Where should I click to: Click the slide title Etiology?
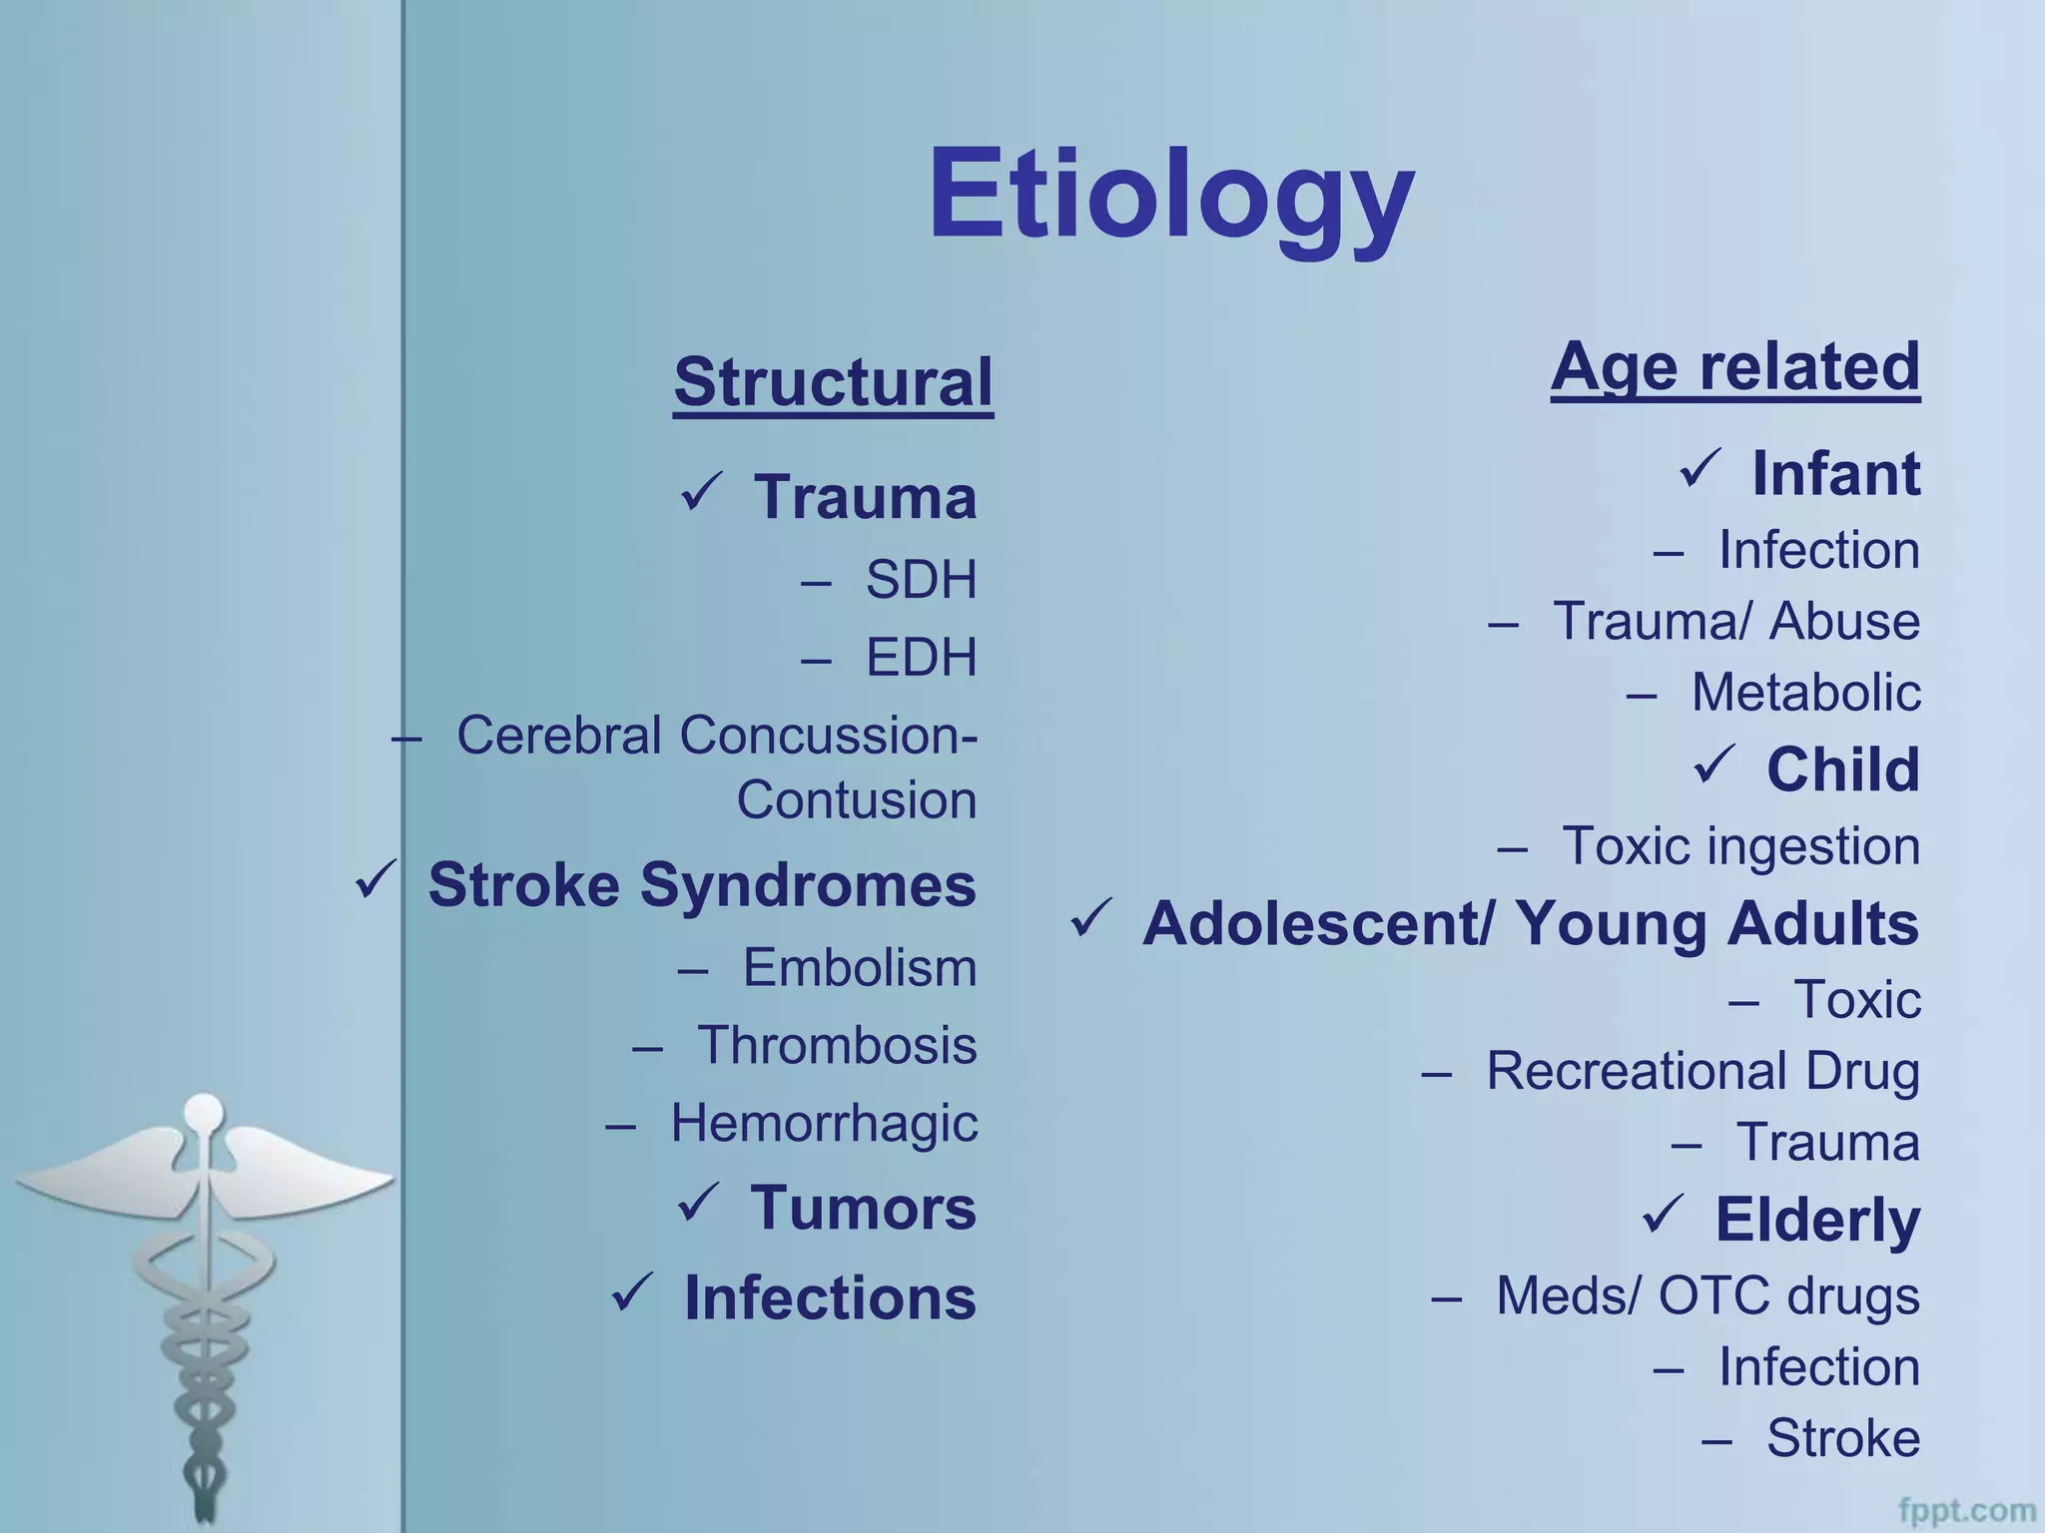click(1170, 195)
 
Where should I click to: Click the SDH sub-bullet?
click(920, 579)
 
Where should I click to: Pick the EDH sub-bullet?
click(920, 657)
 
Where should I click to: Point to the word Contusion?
click(856, 799)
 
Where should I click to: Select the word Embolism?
click(859, 967)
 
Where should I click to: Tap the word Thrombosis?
click(836, 1045)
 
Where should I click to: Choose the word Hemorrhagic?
click(824, 1123)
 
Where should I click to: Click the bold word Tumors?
click(863, 1208)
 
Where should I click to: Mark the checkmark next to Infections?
click(632, 1292)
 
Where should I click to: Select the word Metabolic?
click(1805, 692)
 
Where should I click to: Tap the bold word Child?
click(1842, 768)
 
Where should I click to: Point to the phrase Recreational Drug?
click(1703, 1071)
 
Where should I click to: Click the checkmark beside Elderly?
click(1663, 1214)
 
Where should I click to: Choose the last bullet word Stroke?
click(1842, 1438)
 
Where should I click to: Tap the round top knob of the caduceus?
click(205, 1111)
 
